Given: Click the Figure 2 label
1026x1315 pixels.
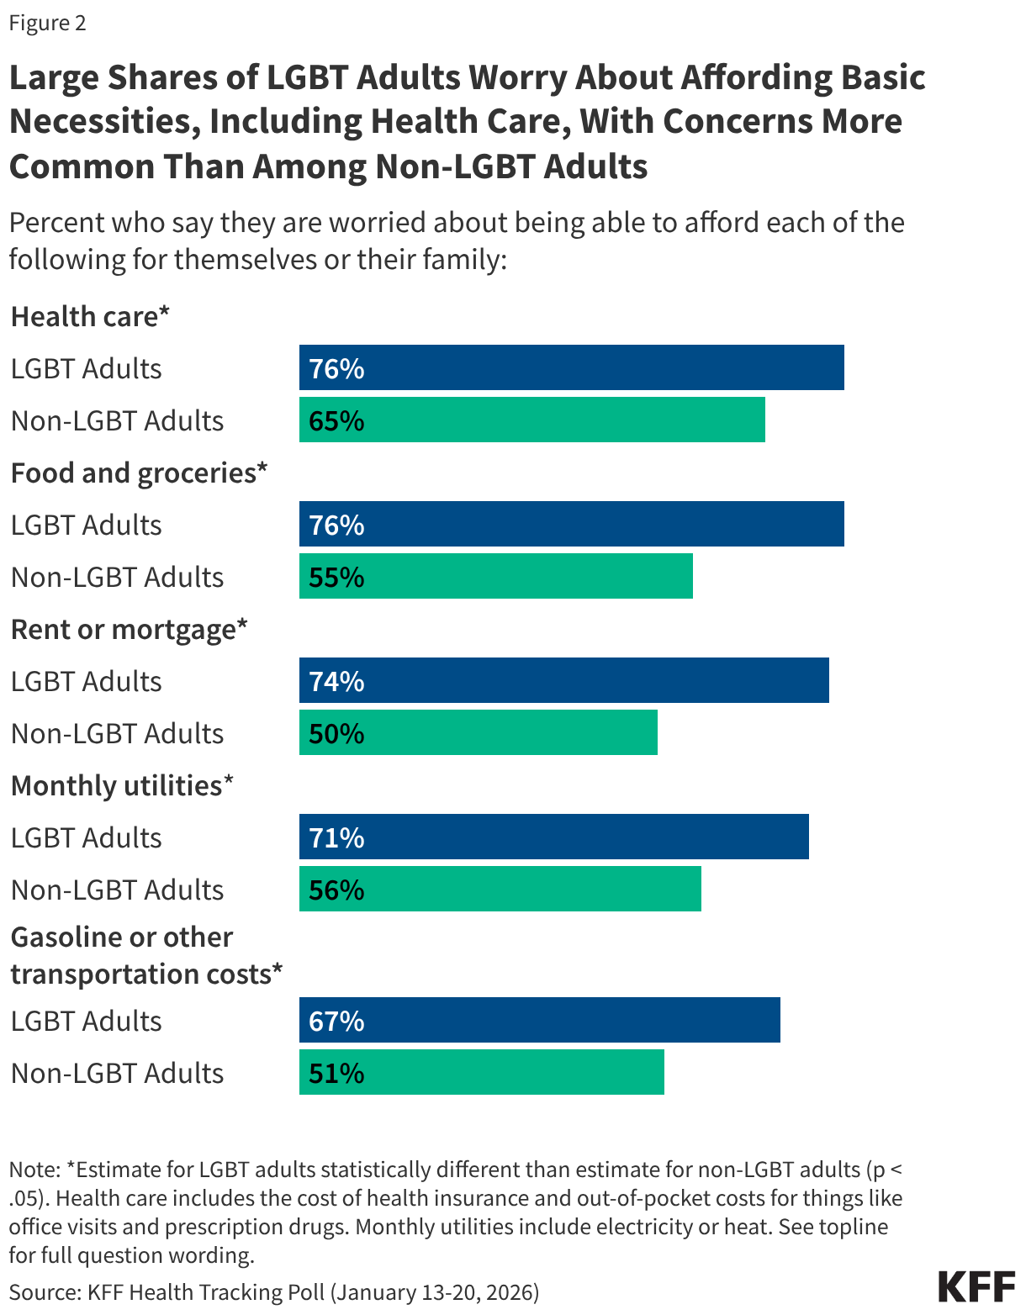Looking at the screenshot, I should coord(47,23).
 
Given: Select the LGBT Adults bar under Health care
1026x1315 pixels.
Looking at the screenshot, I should coord(571,368).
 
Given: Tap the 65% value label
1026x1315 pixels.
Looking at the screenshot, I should coord(336,420).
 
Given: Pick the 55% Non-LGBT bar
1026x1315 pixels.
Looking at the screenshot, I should coord(495,577).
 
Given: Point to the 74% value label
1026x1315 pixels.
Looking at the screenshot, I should coord(336,681).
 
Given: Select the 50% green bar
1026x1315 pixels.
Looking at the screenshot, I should coord(478,733).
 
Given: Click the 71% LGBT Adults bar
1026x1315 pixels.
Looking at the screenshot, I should coord(553,837).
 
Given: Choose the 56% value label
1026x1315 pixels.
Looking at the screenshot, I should coord(336,890).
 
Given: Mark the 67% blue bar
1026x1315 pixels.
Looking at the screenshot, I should coord(539,1021).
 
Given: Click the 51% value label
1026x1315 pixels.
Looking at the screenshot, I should coord(336,1073).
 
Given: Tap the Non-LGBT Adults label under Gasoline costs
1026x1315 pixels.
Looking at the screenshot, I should coord(117,1073).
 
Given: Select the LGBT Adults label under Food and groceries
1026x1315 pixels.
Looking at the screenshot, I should coord(86,525).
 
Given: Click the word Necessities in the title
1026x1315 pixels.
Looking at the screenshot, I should coord(104,122).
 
